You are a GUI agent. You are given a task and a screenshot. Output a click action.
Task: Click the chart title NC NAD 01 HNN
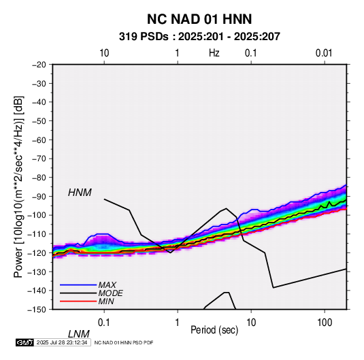[x=199, y=19]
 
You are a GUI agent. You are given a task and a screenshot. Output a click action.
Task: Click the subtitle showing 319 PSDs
[x=199, y=37]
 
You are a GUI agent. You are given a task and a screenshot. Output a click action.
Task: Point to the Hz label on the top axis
[x=214, y=53]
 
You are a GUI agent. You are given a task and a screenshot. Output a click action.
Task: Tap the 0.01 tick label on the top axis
[x=324, y=53]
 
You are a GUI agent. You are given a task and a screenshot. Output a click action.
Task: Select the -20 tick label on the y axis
[x=39, y=65]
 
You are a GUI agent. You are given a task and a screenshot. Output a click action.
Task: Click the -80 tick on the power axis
[x=39, y=178]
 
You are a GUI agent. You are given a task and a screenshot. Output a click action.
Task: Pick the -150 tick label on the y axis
[x=37, y=310]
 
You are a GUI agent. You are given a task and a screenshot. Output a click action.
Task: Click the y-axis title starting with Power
[x=18, y=186]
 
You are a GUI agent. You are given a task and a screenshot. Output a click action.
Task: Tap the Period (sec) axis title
[x=214, y=330]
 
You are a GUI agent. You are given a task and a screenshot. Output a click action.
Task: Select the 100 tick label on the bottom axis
[x=325, y=323]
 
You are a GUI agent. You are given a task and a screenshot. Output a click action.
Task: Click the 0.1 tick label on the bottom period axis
[x=104, y=323]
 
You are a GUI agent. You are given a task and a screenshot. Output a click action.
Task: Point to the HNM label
[x=80, y=193]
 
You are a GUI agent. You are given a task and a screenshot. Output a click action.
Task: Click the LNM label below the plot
[x=78, y=334]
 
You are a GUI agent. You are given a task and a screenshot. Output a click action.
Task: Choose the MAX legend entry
[x=107, y=285]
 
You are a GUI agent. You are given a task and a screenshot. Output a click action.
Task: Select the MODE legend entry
[x=110, y=293]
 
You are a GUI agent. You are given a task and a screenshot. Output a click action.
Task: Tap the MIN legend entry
[x=106, y=301]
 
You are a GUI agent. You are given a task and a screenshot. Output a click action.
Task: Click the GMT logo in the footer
[x=25, y=342]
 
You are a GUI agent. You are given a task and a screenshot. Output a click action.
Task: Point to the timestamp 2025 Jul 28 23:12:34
[x=62, y=342]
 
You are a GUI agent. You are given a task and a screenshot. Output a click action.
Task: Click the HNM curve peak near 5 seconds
[x=226, y=208]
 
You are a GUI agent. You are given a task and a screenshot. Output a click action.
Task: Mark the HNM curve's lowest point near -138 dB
[x=274, y=288]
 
